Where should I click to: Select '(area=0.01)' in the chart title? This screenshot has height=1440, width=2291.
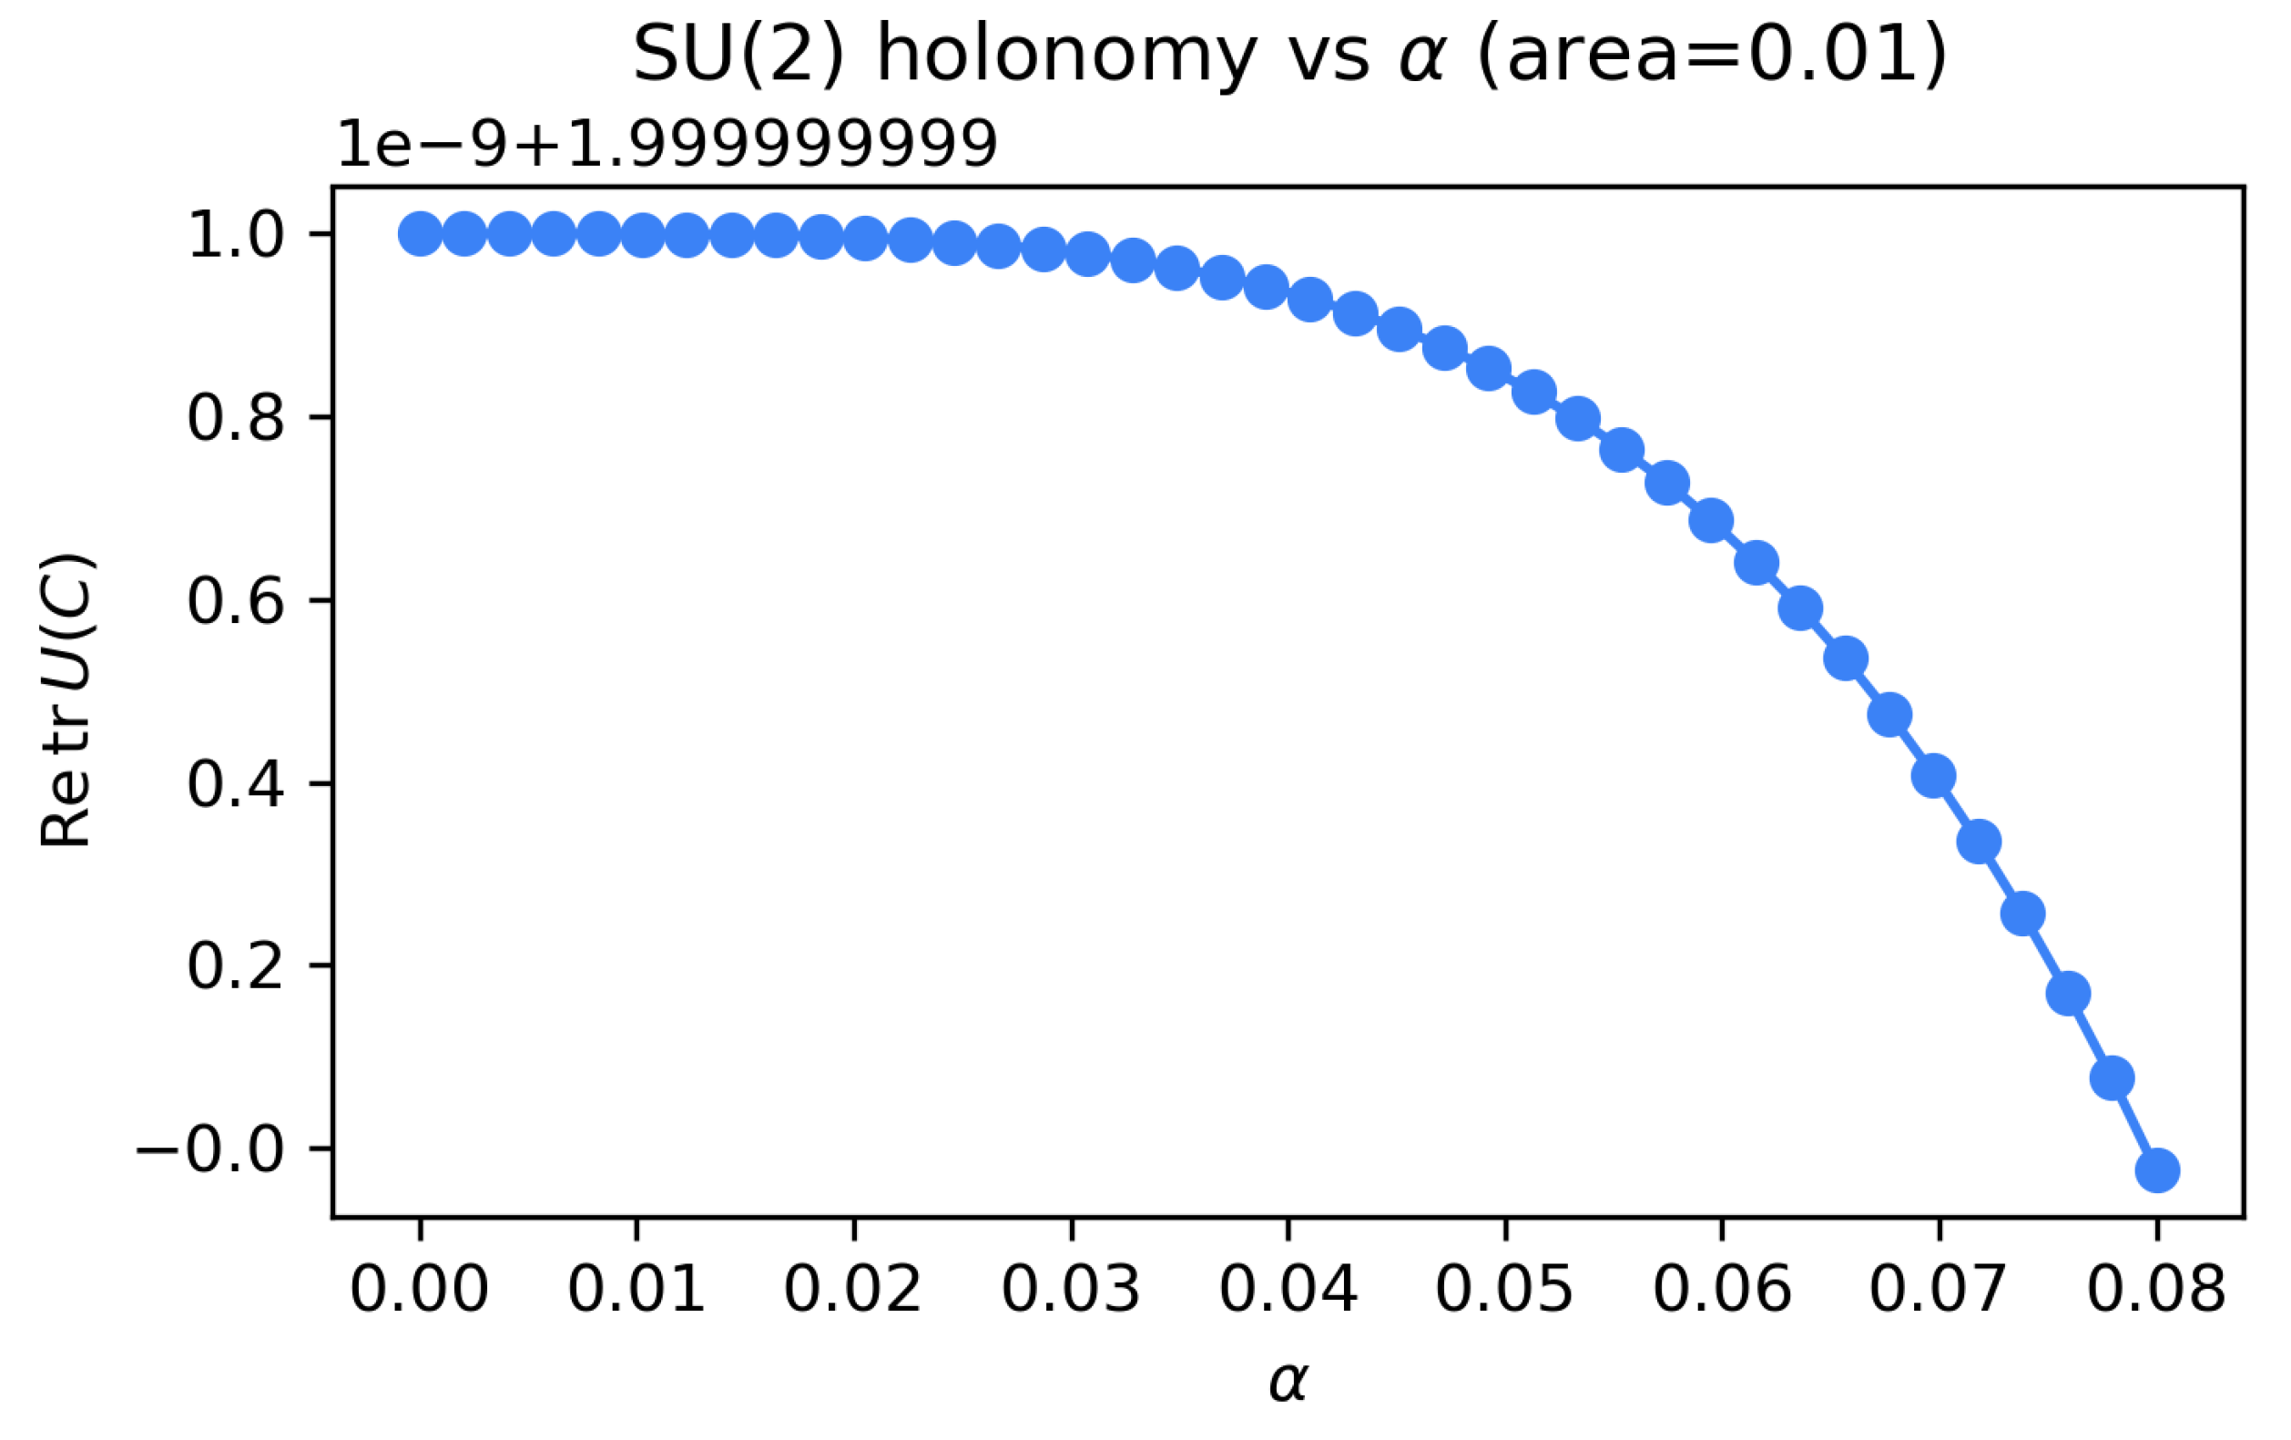click(x=1711, y=55)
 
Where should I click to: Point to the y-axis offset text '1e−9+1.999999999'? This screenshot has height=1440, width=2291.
click(x=667, y=145)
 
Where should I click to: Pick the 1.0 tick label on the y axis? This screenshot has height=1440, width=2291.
click(x=236, y=235)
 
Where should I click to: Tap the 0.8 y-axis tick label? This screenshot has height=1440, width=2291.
click(x=236, y=418)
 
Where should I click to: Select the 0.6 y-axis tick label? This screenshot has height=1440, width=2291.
click(x=236, y=600)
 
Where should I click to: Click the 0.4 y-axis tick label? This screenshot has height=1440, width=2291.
click(x=236, y=784)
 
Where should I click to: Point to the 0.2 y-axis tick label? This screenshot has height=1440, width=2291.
click(x=236, y=967)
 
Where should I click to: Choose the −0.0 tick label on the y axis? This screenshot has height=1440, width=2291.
click(x=210, y=1149)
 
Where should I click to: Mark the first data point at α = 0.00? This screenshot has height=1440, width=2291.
click(x=420, y=234)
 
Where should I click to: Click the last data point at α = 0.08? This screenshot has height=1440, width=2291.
click(x=2157, y=1170)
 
